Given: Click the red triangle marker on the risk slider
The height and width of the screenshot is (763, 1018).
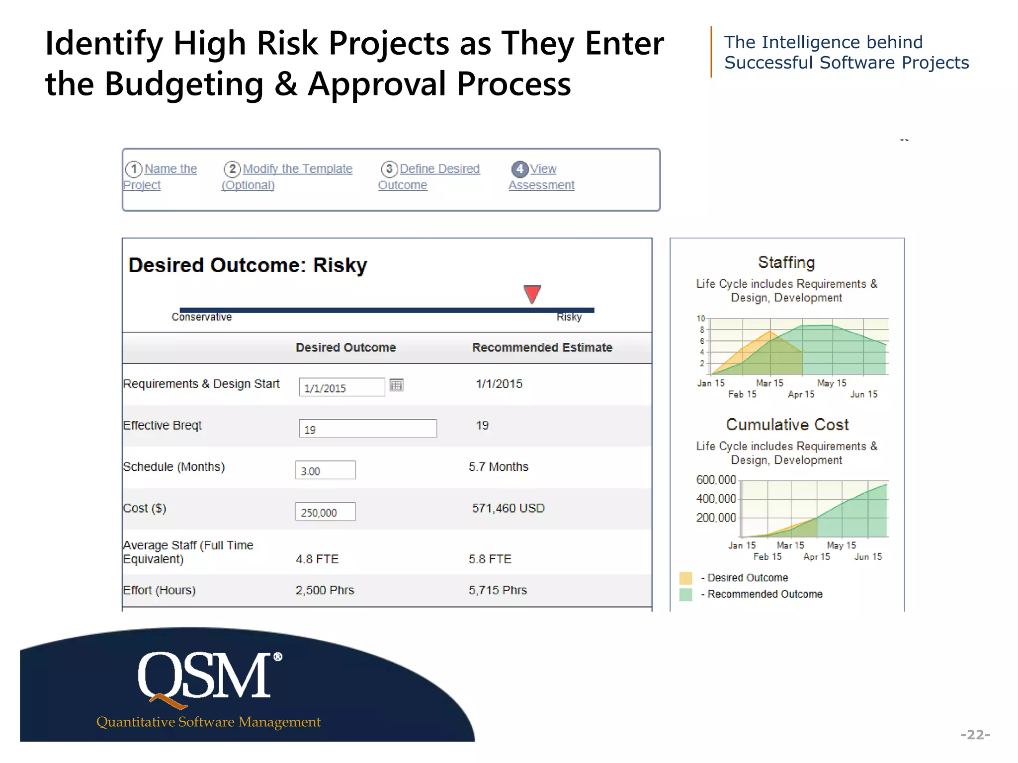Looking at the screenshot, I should pos(532,293).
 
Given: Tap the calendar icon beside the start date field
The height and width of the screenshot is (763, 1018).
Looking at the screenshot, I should pos(396,385).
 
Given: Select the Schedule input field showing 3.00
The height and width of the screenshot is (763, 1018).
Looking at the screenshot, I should pos(326,470).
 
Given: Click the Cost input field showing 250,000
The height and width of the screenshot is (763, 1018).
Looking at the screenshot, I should pos(326,512).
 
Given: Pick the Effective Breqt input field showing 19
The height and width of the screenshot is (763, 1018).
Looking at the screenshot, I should pos(367,429).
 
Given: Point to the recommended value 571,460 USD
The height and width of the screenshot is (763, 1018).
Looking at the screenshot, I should pos(508,508).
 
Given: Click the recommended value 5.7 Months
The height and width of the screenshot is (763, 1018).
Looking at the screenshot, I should pos(498,467).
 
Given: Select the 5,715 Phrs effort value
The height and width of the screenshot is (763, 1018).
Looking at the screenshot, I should pos(498,590).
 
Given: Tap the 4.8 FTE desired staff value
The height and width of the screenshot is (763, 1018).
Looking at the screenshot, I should pos(317,559).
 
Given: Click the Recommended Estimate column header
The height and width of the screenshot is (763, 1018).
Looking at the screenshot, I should pos(542,348).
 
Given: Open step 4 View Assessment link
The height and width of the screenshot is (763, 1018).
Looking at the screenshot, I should pos(541,177).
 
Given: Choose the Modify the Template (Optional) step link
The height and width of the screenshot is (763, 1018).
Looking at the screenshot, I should pos(297,169).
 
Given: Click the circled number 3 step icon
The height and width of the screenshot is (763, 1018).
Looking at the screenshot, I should pos(389,169).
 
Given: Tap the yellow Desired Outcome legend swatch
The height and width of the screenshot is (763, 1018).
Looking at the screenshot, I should pos(685,578).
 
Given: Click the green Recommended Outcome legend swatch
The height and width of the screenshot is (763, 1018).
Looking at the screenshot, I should pos(685,594).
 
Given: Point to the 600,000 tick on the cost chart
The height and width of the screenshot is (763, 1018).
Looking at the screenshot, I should pos(716,480).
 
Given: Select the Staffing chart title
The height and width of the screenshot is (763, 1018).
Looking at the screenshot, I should pos(786,263).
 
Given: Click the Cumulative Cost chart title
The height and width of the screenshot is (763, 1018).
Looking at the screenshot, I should pos(787,425).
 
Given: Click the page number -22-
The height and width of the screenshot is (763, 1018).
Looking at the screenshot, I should pos(975,735).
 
